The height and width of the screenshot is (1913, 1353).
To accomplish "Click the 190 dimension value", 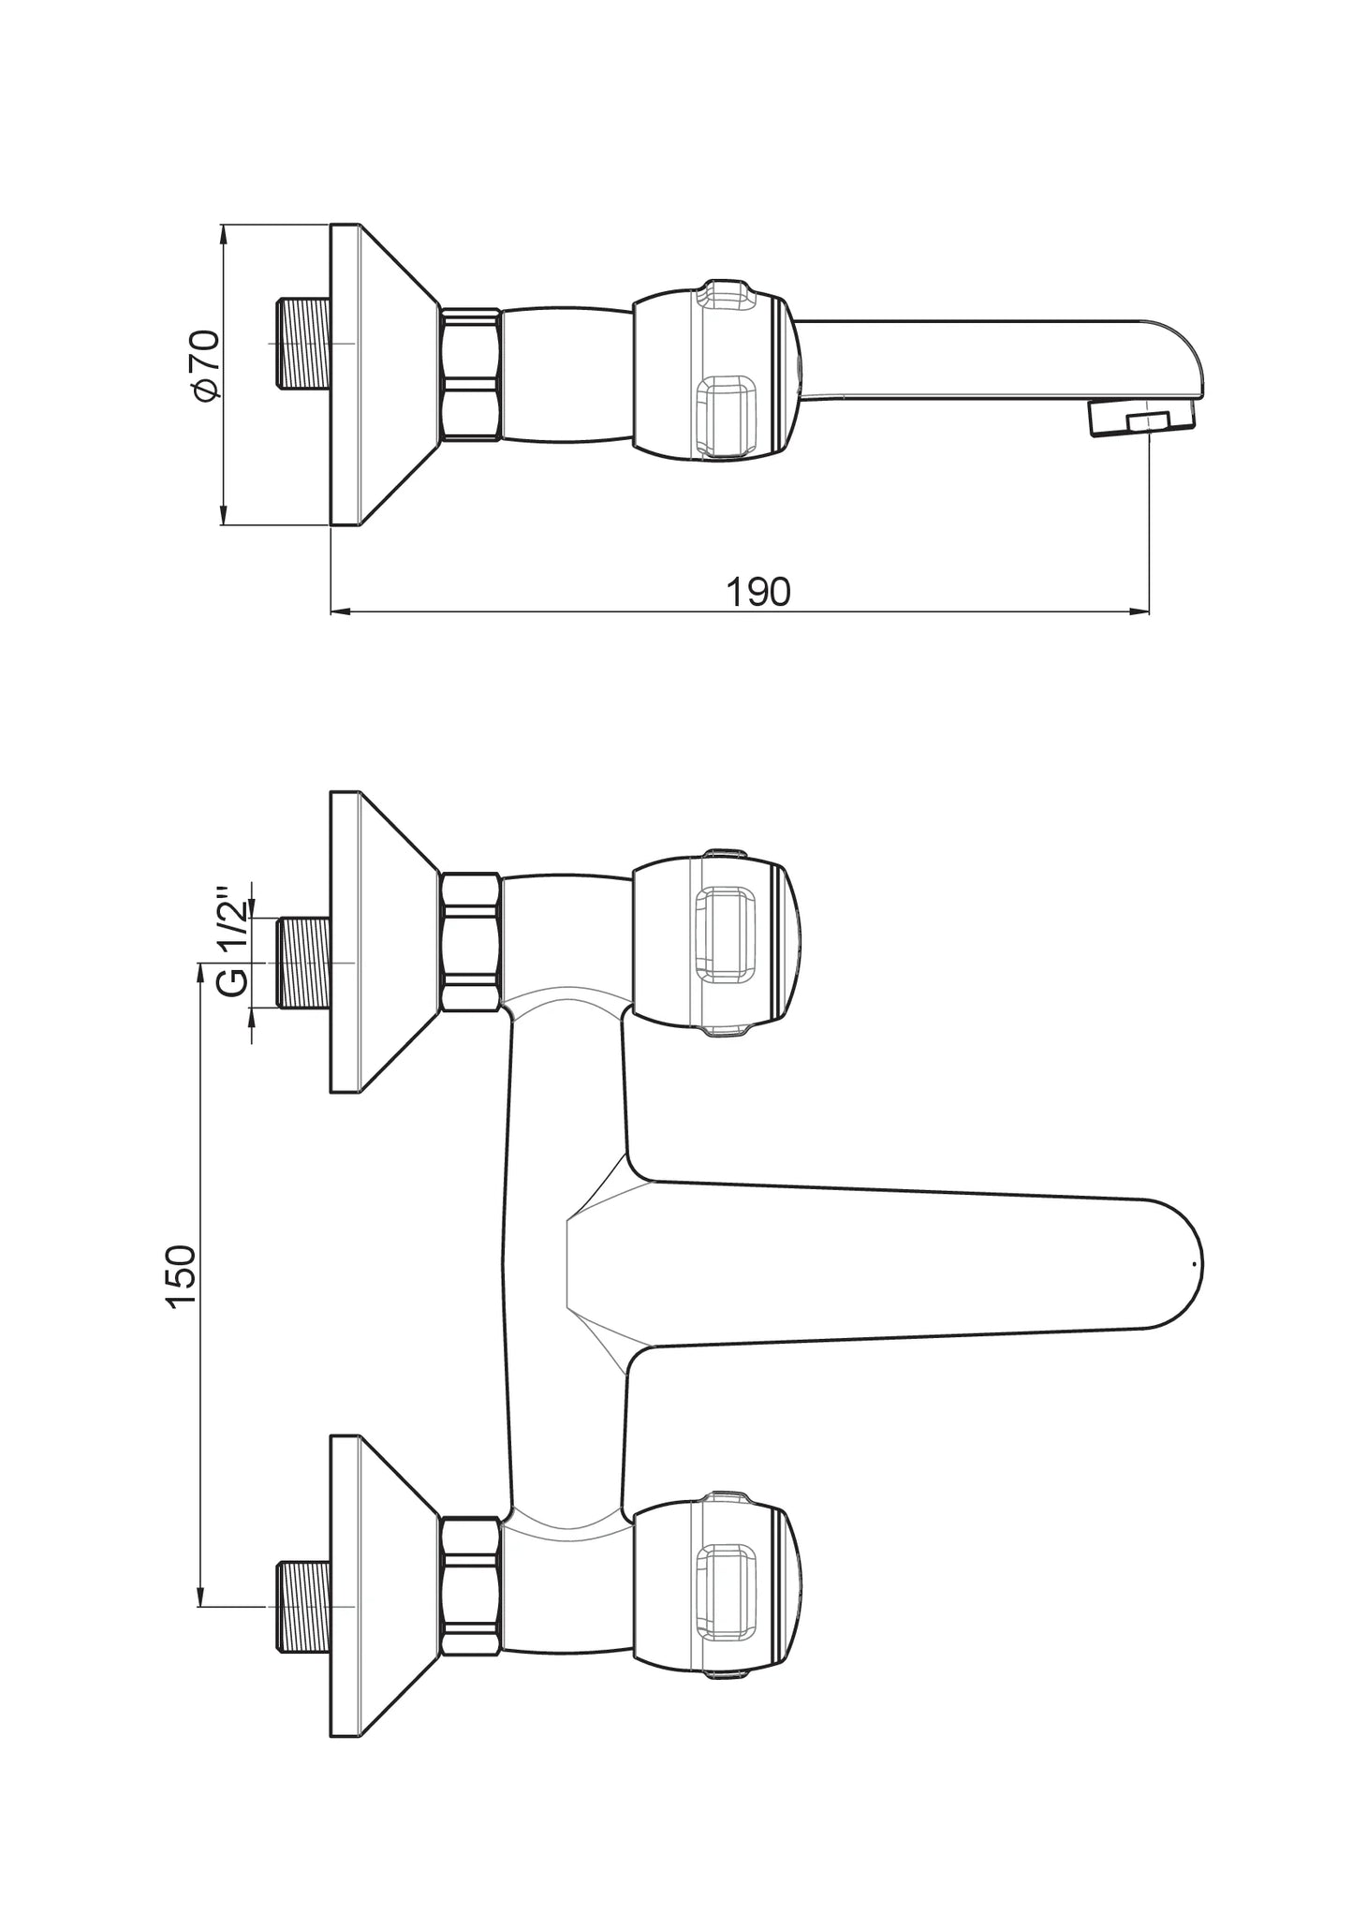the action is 758,592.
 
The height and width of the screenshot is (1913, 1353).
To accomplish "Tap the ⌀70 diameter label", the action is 205,365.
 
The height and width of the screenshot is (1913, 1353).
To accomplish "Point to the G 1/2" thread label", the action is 234,940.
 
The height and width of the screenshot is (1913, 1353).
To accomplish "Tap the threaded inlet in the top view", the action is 304,343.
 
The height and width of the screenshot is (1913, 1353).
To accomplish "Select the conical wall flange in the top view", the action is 384,375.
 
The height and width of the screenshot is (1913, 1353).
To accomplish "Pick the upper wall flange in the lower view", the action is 384,942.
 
